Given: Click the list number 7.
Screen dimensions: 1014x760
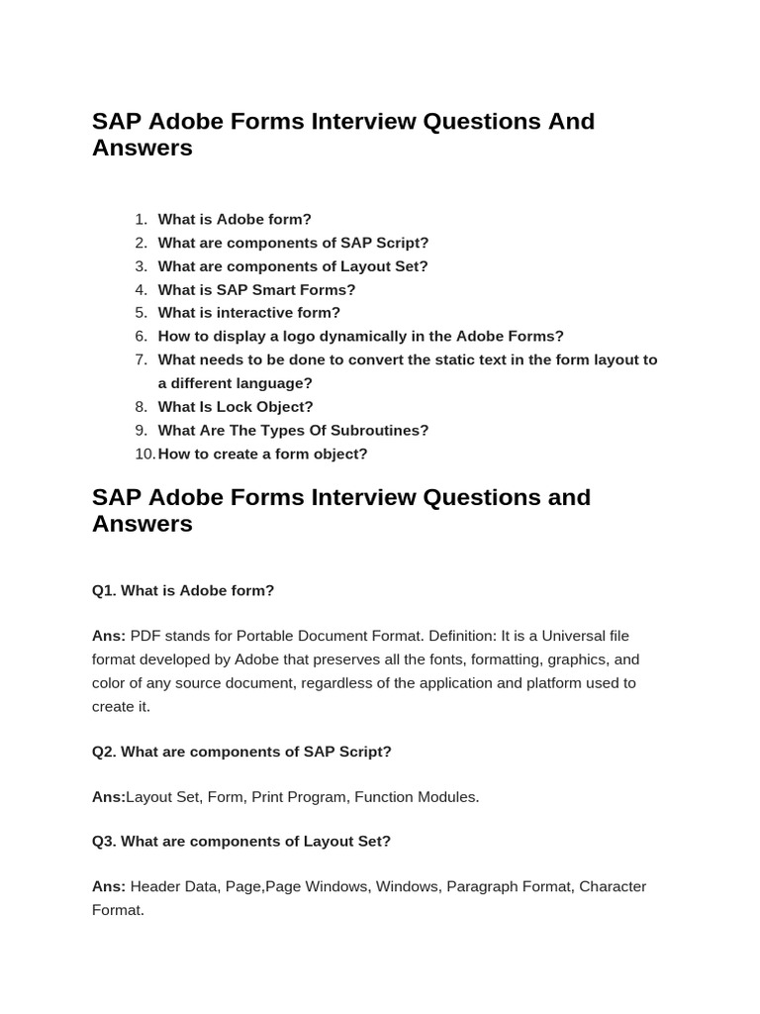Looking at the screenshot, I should point(142,360).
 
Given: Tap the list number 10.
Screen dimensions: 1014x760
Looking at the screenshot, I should point(144,455).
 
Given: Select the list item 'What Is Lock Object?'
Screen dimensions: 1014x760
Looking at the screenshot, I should point(236,407).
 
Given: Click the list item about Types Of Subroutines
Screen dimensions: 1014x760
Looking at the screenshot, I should point(293,431).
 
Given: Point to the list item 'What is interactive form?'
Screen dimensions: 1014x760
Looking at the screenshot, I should point(248,313).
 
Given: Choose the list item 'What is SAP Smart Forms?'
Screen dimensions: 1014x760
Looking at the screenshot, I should point(256,290).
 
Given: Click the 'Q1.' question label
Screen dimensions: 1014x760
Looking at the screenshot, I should point(104,591).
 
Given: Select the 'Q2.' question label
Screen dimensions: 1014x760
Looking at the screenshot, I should point(104,753).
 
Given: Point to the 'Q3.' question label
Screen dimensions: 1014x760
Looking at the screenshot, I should point(104,842).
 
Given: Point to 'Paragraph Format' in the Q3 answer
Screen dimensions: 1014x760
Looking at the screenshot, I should point(509,886).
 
